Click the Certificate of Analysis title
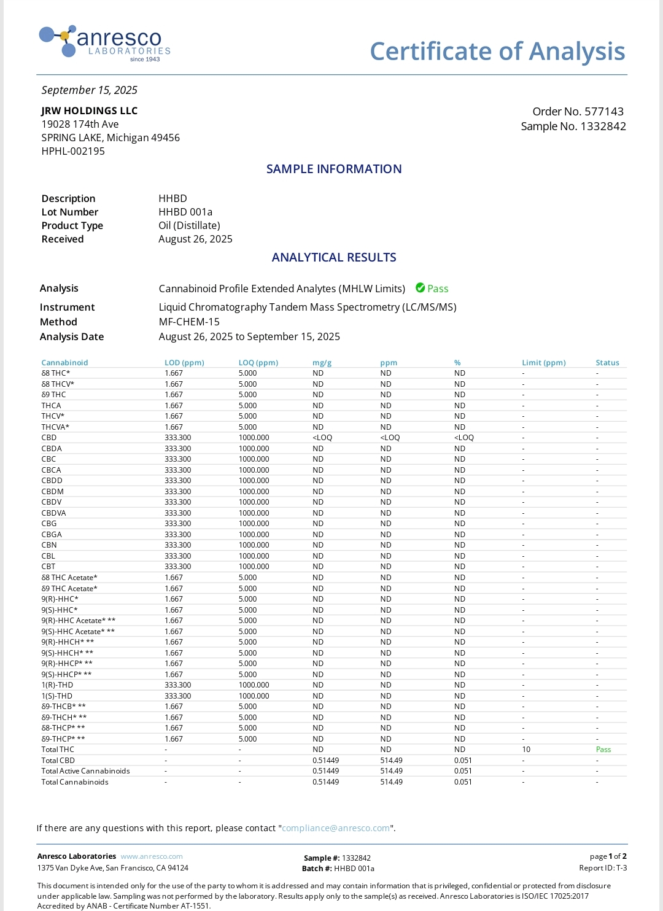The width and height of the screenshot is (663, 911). (x=497, y=52)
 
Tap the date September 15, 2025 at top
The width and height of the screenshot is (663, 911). (x=90, y=90)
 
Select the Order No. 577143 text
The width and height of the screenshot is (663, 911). (x=578, y=112)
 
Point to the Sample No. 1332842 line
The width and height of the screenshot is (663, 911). (x=573, y=126)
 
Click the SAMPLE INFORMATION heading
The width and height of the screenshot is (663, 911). (x=334, y=169)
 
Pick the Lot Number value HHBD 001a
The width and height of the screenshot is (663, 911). (x=185, y=212)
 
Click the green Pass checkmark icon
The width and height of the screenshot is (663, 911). (x=421, y=288)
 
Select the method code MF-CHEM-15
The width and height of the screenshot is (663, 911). (x=189, y=322)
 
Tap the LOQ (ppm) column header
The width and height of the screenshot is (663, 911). (x=258, y=363)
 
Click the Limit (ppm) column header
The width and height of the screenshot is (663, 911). (x=544, y=363)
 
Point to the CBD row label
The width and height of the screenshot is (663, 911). (x=49, y=438)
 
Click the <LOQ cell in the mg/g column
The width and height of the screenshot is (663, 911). (x=322, y=438)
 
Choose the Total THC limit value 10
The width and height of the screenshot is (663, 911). (x=526, y=750)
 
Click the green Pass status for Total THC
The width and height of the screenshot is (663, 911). (x=603, y=750)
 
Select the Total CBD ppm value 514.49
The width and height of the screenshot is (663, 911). (x=392, y=761)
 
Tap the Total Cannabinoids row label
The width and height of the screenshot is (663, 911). (x=75, y=782)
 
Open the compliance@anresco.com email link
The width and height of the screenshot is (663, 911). (x=336, y=828)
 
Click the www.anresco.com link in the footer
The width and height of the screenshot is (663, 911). (x=152, y=856)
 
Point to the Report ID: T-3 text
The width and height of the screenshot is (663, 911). (x=603, y=868)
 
